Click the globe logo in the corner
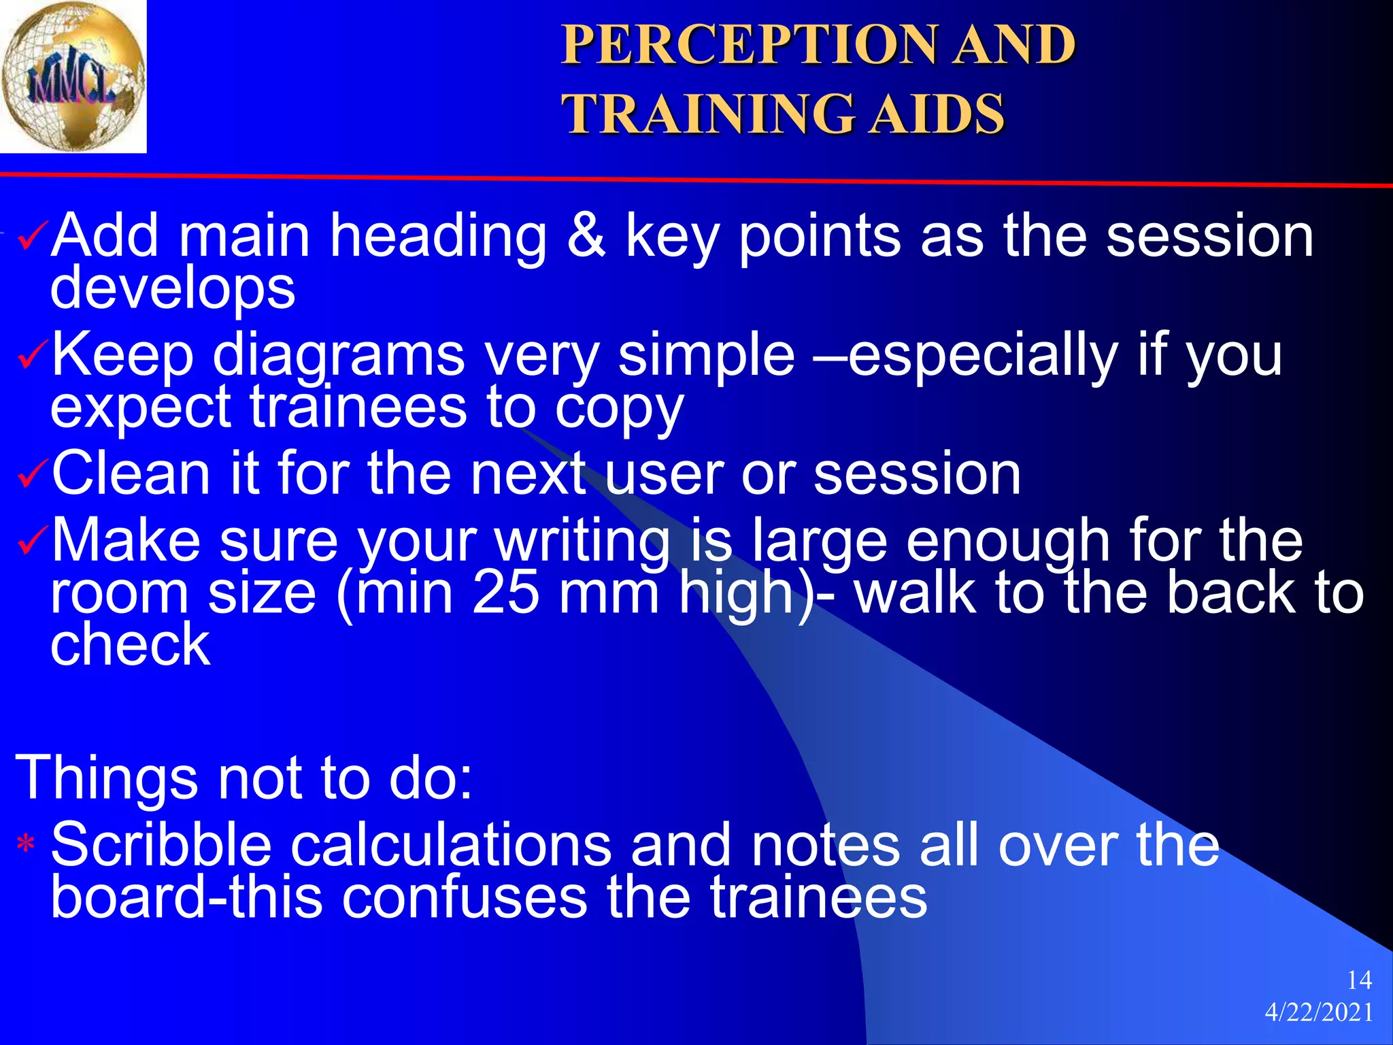click(x=73, y=76)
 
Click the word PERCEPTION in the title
click(x=749, y=45)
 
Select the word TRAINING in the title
click(x=707, y=114)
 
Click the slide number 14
click(x=1359, y=980)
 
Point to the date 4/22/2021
click(x=1319, y=1012)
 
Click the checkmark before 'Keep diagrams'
click(x=33, y=356)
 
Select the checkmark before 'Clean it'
click(x=33, y=475)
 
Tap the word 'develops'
click(x=173, y=289)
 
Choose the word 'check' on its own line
click(x=131, y=644)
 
